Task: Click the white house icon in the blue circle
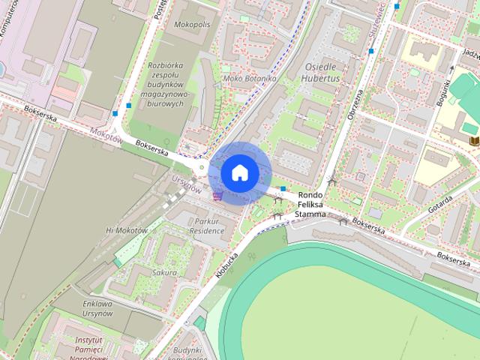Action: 240,172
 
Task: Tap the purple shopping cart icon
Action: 217,196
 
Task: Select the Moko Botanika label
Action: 250,78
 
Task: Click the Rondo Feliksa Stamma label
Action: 310,204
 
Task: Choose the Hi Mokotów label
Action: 127,230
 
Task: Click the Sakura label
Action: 164,273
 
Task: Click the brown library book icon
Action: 473,140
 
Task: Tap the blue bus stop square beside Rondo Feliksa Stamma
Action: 283,188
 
